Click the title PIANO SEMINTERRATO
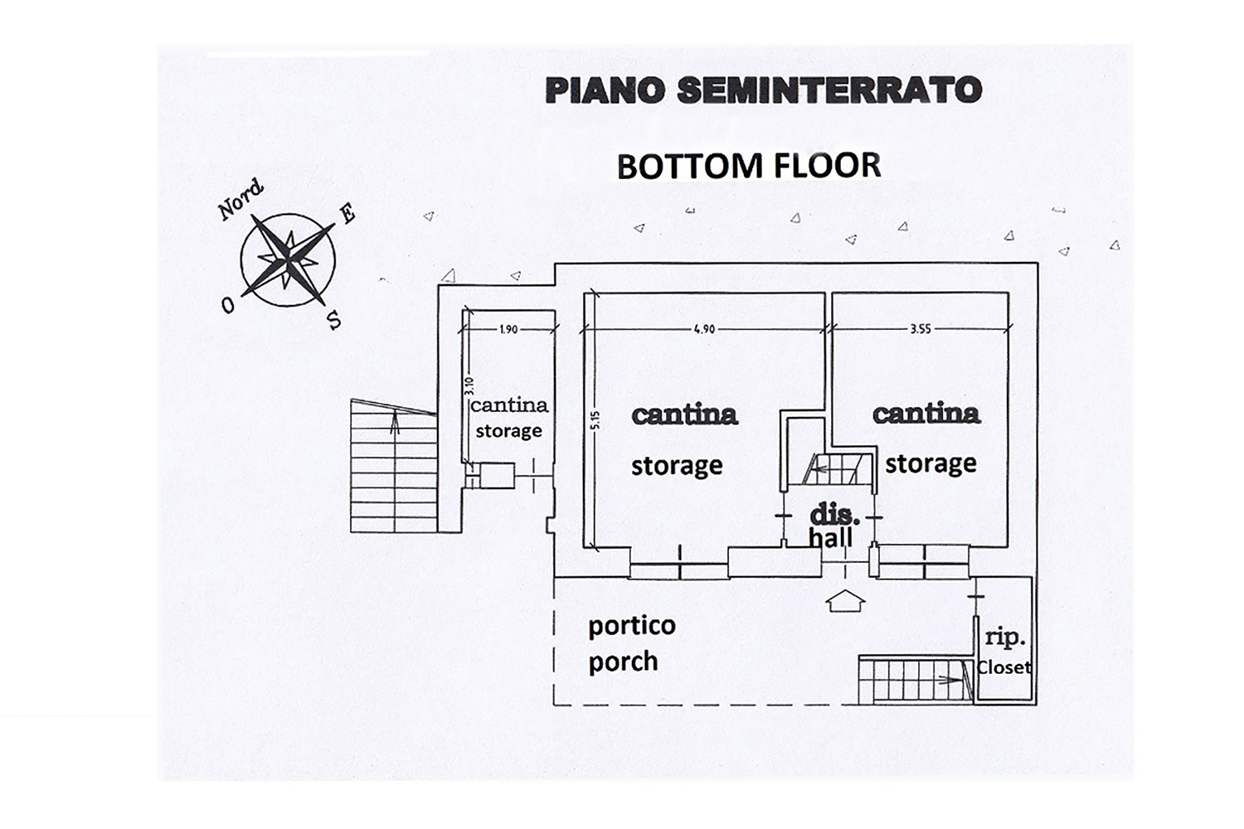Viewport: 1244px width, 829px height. point(763,90)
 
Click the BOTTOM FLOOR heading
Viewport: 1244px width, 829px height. point(748,167)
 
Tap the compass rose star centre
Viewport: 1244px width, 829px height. point(288,259)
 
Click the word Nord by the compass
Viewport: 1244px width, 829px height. point(241,200)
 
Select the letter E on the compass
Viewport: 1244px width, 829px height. point(347,214)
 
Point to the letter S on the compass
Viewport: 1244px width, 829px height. point(334,320)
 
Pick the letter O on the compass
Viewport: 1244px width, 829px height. point(228,306)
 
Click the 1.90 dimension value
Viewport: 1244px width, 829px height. point(508,329)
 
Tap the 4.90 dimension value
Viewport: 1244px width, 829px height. point(704,329)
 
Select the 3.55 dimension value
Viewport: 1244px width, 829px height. point(921,329)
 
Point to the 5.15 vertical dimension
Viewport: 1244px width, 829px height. point(595,420)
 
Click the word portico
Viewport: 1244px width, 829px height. point(632,625)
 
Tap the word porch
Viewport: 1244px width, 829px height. point(623,662)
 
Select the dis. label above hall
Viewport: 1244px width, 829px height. point(833,515)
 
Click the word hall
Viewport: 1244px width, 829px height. point(831,538)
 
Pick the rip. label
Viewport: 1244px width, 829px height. point(1005,638)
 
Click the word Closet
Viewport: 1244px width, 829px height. point(1004,667)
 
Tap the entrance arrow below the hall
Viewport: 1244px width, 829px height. point(846,601)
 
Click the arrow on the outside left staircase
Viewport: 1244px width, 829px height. point(395,424)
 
